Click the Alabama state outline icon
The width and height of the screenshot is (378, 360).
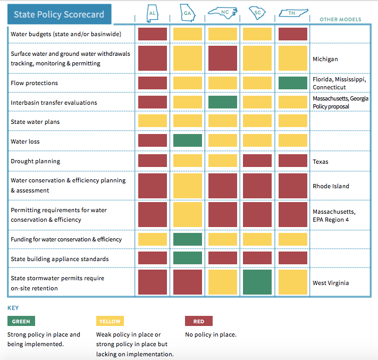click(x=153, y=13)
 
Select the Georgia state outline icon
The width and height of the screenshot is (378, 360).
click(x=188, y=13)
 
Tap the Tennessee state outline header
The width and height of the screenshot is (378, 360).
click(x=293, y=13)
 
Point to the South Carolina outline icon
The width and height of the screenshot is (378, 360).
click(x=257, y=13)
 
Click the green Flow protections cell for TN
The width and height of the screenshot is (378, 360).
click(x=292, y=83)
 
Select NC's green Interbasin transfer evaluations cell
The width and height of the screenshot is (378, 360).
click(x=223, y=102)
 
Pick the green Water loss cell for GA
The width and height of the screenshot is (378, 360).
click(x=188, y=140)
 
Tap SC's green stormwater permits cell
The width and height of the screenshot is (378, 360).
click(x=257, y=282)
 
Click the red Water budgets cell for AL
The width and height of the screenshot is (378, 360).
click(x=153, y=34)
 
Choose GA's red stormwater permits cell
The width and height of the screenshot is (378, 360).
click(x=188, y=282)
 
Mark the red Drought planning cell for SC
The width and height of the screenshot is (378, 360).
click(x=257, y=161)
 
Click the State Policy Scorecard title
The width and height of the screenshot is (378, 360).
click(x=59, y=14)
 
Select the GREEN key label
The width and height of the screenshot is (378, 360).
click(x=21, y=321)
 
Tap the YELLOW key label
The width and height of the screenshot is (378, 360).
click(x=110, y=321)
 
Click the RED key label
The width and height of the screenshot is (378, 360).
click(x=199, y=321)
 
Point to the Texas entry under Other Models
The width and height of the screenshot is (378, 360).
click(x=321, y=162)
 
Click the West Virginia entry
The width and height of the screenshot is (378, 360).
click(x=331, y=283)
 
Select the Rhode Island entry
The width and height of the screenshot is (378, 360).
click(x=331, y=186)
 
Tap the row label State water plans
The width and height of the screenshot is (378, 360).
click(x=35, y=122)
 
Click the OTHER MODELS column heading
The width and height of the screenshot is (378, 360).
click(x=340, y=20)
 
